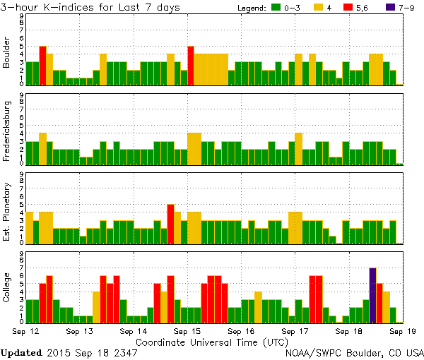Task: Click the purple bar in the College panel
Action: [x=372, y=295]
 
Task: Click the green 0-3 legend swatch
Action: [x=277, y=8]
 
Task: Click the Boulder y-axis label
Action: [x=7, y=52]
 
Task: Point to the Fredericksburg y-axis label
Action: [x=7, y=131]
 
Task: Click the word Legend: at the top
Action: [x=250, y=8]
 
